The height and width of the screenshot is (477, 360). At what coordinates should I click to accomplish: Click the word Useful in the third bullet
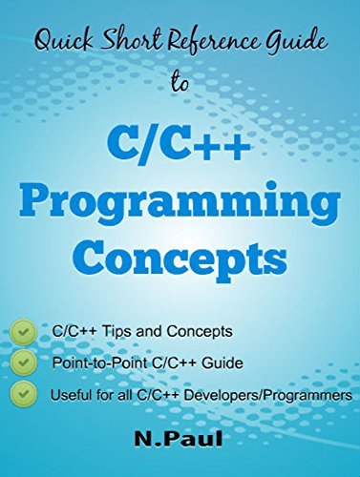(71, 393)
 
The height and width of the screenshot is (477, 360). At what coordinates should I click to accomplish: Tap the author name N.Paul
(180, 440)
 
